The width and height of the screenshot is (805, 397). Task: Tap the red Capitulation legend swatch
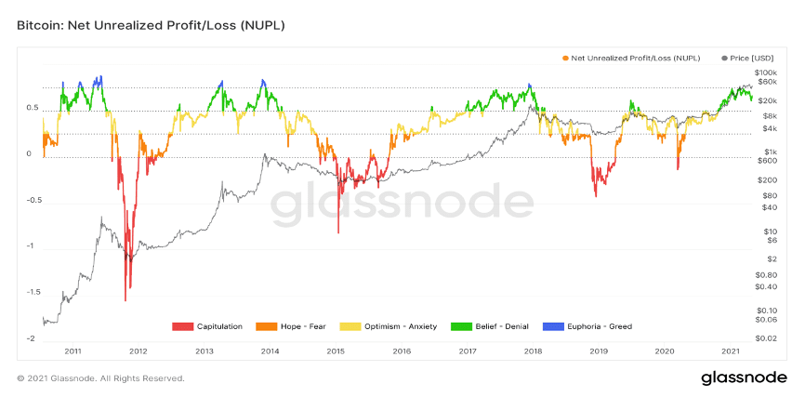coord(183,326)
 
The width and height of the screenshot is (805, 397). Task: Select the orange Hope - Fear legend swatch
coord(267,326)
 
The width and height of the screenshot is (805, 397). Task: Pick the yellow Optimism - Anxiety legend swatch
coord(350,326)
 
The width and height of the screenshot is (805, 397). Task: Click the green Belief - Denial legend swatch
coord(461,326)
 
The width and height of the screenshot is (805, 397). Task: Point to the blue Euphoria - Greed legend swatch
coord(552,326)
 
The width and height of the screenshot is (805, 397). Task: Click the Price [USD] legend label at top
coord(752,58)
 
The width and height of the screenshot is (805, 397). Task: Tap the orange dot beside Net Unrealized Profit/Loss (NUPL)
coord(565,58)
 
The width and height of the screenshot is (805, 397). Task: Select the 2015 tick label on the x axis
coord(336,351)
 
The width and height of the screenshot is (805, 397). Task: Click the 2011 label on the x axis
coord(73,351)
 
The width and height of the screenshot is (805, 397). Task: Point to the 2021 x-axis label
coord(730,351)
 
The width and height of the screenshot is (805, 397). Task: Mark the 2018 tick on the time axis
coord(533,351)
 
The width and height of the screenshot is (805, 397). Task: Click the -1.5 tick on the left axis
coord(31,292)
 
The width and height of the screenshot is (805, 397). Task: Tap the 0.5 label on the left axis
coord(33,109)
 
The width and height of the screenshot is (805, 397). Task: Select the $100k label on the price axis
coord(763,73)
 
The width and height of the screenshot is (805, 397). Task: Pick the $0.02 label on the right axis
coord(763,339)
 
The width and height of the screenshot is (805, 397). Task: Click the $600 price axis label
coord(761,160)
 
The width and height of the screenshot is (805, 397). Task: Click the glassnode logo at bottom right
coord(744,378)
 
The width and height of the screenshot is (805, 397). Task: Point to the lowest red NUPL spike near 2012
coord(125,300)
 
